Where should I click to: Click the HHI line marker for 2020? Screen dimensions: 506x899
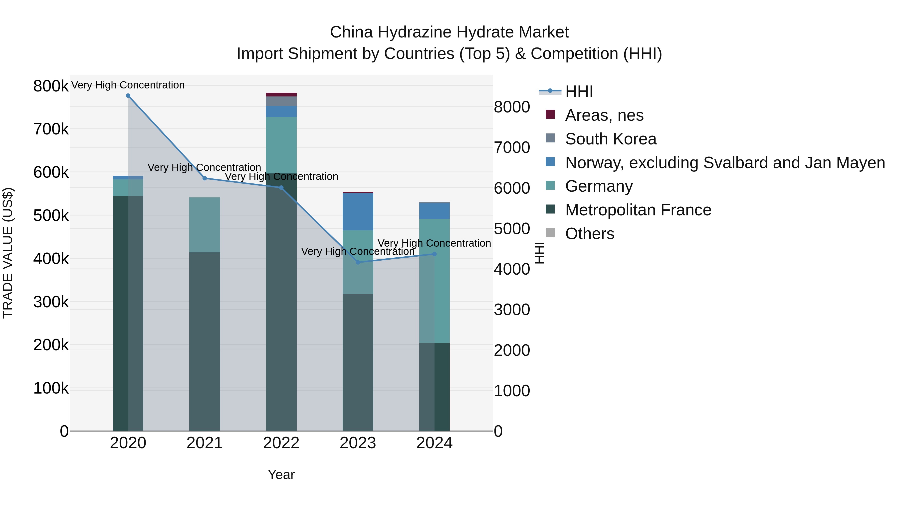coord(128,96)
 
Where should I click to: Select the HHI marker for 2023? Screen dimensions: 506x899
coord(358,262)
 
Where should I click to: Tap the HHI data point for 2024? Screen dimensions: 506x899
coord(434,254)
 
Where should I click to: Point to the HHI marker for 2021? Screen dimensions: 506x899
coord(205,178)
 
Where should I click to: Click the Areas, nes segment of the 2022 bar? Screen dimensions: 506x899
coord(281,95)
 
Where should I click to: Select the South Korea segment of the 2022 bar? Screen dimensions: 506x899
coord(281,101)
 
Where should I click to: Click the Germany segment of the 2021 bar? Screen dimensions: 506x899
coord(205,225)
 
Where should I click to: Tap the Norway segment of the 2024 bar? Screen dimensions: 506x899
coord(434,211)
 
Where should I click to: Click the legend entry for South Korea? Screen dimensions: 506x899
coord(611,139)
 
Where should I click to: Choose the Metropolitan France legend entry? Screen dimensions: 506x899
coord(638,210)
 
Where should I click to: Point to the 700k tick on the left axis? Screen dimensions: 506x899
coord(51,129)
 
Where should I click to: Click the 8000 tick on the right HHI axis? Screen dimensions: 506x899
coord(512,107)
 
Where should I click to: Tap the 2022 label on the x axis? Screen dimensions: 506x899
coord(281,443)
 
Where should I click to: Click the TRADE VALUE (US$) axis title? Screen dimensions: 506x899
coord(8,253)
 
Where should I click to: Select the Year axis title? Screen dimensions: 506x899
coord(281,475)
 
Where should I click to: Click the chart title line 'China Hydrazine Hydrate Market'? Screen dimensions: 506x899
coord(449,32)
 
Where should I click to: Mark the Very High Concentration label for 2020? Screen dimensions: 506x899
coord(128,85)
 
